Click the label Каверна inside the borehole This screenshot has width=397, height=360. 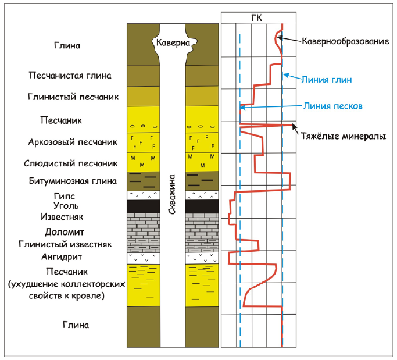tap(173, 42)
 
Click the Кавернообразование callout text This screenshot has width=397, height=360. tap(345, 42)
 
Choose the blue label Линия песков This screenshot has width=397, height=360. tap(333, 106)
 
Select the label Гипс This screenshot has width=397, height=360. tap(65, 196)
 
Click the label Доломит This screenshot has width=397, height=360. tap(65, 232)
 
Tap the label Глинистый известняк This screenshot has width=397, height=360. tap(65, 244)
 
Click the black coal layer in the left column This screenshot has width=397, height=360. tap(143, 206)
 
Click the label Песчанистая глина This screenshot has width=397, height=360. tap(70, 75)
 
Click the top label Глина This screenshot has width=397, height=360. tap(66, 45)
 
